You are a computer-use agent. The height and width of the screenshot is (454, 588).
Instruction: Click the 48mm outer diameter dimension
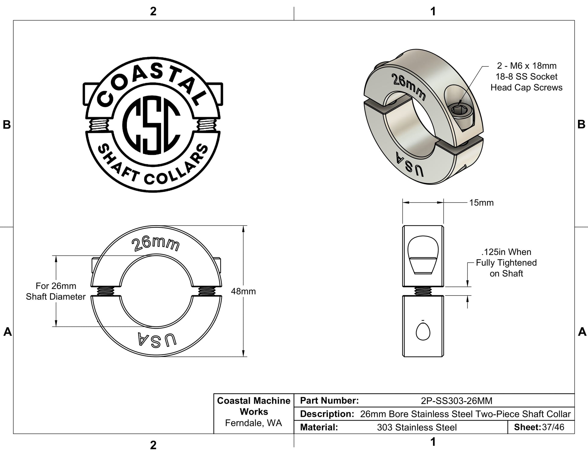[x=243, y=291]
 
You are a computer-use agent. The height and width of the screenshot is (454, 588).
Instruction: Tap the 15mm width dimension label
[x=481, y=203]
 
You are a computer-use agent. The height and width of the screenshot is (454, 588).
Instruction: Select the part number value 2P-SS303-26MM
[x=457, y=401]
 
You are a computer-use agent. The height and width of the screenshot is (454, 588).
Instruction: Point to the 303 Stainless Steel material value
[x=417, y=427]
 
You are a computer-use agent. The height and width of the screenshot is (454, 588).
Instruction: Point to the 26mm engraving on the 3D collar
[x=409, y=87]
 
